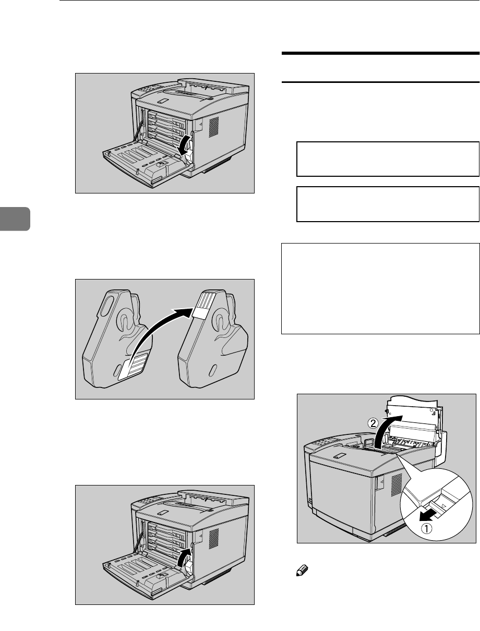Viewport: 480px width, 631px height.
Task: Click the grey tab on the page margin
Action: coord(15,219)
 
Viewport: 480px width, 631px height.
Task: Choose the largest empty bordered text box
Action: coord(380,287)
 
